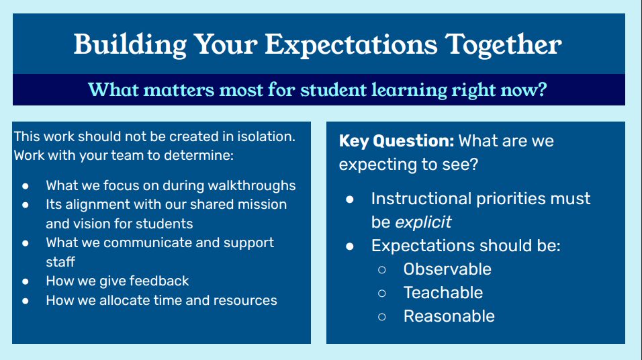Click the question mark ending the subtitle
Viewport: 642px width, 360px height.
pyautogui.click(x=542, y=89)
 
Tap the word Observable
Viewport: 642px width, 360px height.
pyautogui.click(x=447, y=269)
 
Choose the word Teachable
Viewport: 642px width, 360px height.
pyautogui.click(x=443, y=293)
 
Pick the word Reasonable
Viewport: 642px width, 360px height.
pyautogui.click(x=449, y=316)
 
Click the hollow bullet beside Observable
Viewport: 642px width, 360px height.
pyautogui.click(x=382, y=270)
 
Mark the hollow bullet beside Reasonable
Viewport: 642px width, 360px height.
pyautogui.click(x=382, y=317)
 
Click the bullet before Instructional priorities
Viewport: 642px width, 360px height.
pyautogui.click(x=350, y=199)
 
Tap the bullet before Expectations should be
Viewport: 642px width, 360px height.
pyautogui.click(x=350, y=246)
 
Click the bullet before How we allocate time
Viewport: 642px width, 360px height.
pyautogui.click(x=26, y=301)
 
